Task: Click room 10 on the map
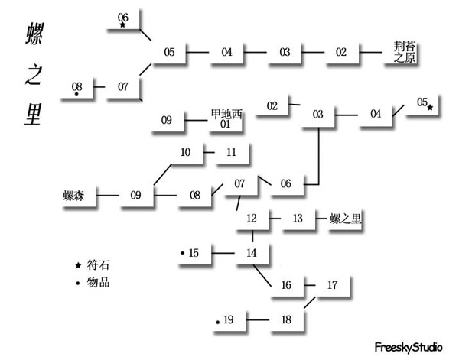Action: (x=186, y=153)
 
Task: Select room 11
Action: (x=232, y=153)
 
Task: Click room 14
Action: (x=252, y=253)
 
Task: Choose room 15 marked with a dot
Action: (x=194, y=253)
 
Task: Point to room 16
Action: (x=287, y=285)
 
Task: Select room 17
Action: (x=332, y=285)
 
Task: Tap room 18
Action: (x=287, y=319)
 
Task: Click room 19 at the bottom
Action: (x=229, y=319)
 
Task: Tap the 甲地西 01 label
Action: (x=226, y=118)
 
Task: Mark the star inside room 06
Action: (x=122, y=24)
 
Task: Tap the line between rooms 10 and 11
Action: (x=209, y=153)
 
